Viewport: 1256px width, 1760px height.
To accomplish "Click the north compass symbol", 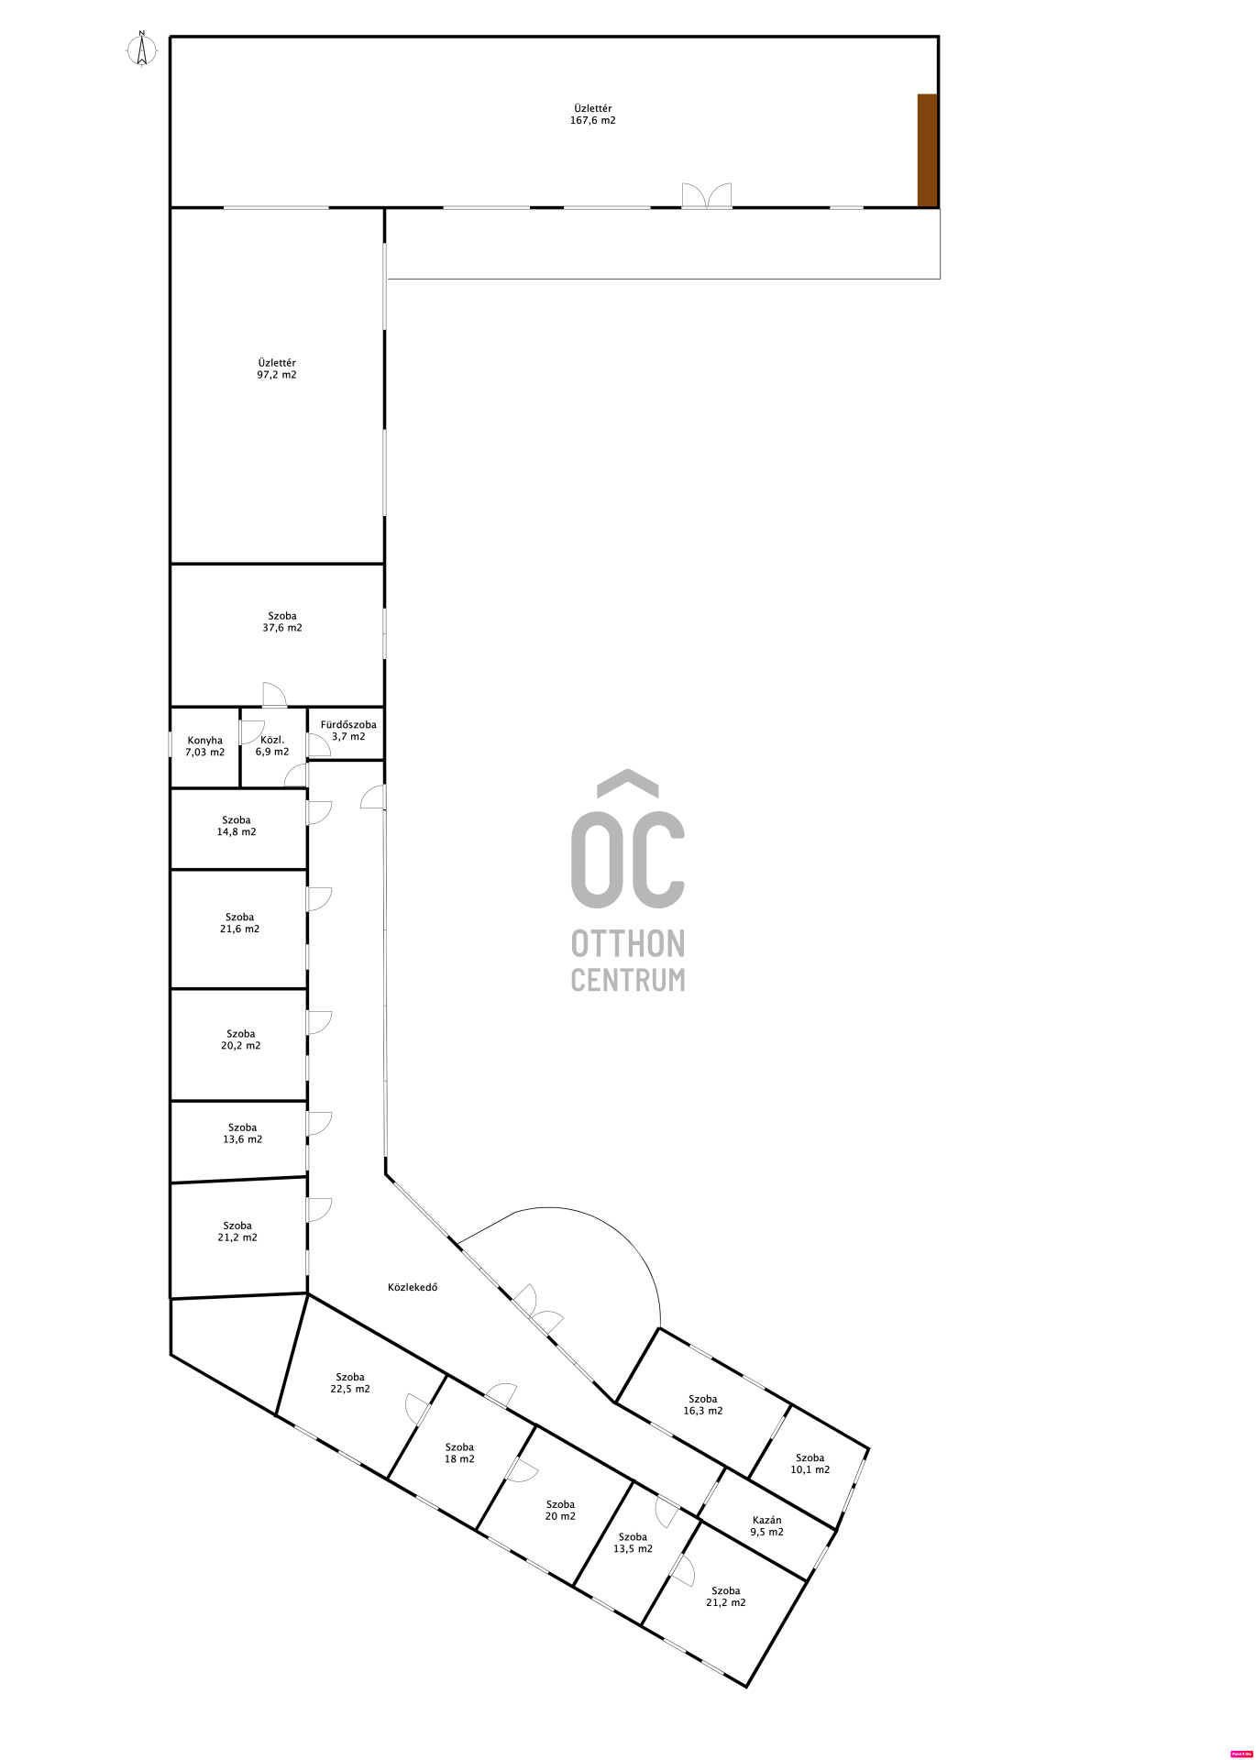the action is coord(141,49).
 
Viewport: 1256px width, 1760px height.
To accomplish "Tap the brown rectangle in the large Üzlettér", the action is coord(927,150).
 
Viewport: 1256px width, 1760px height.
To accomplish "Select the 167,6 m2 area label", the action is coord(593,120).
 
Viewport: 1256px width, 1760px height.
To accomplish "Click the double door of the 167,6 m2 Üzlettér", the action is coord(707,195).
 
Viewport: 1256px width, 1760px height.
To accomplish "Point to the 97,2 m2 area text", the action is coord(277,375).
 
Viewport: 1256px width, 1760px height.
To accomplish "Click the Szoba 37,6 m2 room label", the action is coord(282,622).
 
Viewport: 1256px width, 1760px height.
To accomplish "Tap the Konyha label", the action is coord(204,741).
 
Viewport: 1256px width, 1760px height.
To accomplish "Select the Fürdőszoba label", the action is coord(348,724).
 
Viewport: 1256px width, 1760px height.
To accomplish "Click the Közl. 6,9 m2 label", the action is coord(272,746).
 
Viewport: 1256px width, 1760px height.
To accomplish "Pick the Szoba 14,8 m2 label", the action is coord(237,826).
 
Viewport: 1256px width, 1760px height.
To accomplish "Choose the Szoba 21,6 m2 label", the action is coord(239,923).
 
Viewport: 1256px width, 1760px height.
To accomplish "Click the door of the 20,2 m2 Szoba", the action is coord(318,1022).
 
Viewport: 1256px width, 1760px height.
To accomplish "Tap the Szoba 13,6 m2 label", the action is coord(242,1134).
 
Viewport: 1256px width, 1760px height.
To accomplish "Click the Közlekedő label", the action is coord(413,1287).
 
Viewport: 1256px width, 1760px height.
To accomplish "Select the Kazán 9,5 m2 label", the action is coord(766,1525).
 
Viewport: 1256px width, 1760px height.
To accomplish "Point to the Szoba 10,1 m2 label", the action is coord(810,1463).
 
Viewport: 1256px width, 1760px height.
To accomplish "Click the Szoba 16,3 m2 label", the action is coord(702,1404).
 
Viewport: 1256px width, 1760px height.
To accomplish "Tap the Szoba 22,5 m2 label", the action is coord(350,1382).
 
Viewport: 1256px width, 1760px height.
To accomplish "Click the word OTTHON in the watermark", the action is coord(628,942).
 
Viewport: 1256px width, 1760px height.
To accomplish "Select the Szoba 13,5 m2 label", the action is coord(633,1543).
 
